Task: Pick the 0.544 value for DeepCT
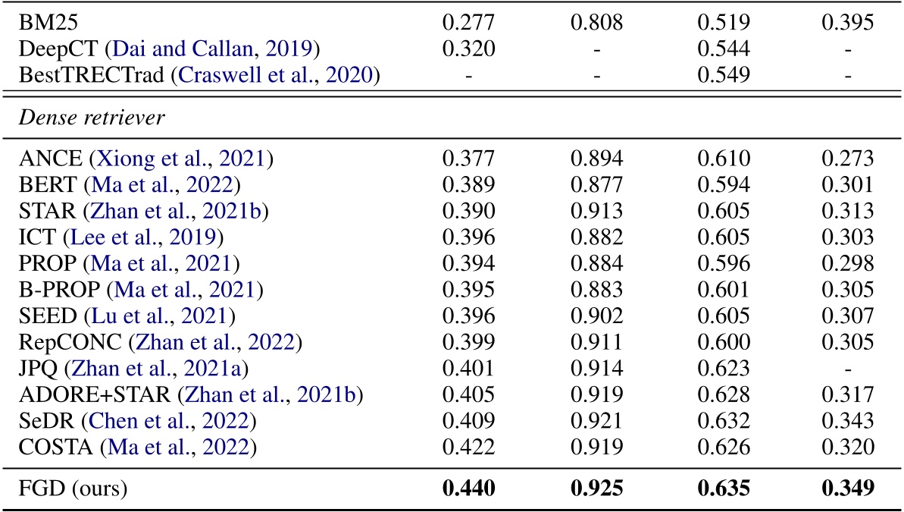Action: click(x=724, y=49)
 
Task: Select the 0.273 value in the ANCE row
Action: click(x=848, y=159)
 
